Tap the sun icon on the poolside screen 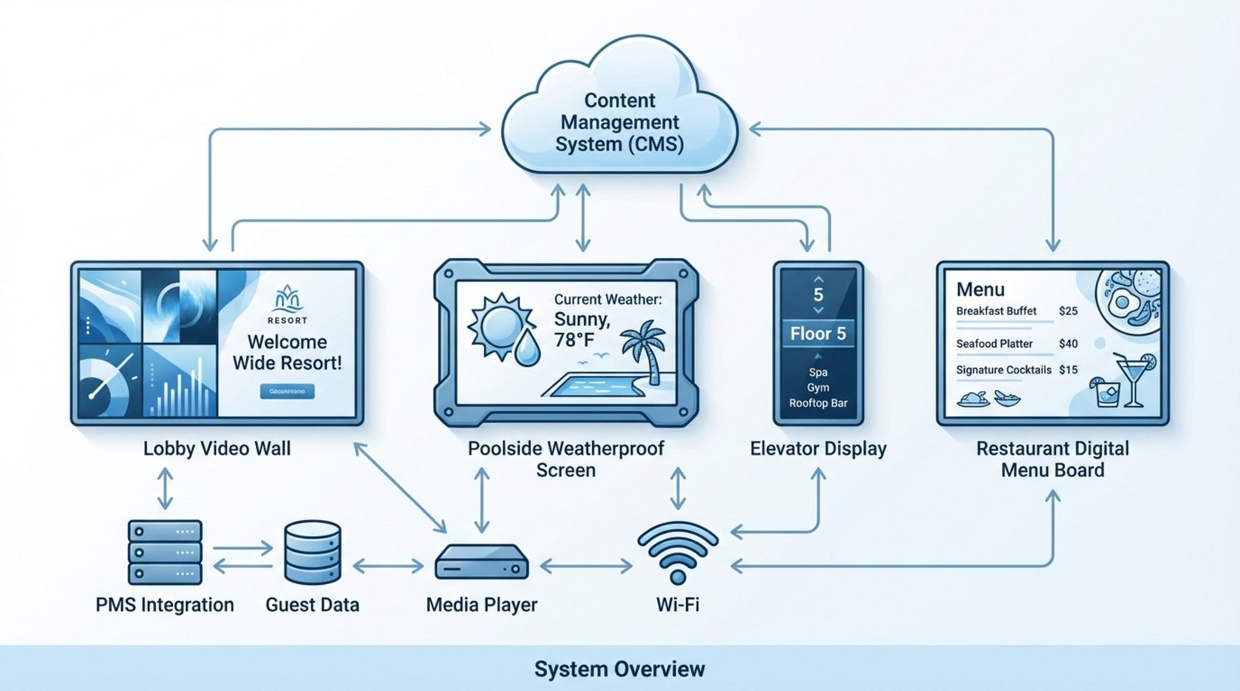click(499, 324)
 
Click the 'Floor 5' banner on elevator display click(818, 334)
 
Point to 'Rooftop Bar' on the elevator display click(818, 403)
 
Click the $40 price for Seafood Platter click(1068, 343)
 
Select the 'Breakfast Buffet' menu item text click(996, 311)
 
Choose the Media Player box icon click(481, 562)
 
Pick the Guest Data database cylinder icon click(312, 552)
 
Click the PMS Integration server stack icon click(165, 552)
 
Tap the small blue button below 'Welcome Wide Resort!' click(287, 392)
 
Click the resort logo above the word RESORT click(288, 298)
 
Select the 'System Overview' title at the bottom click(619, 669)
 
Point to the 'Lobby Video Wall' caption click(217, 449)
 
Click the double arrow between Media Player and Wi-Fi click(586, 567)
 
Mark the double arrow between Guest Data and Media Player click(387, 567)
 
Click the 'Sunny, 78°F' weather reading click(583, 329)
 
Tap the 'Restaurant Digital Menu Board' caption click(1052, 459)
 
